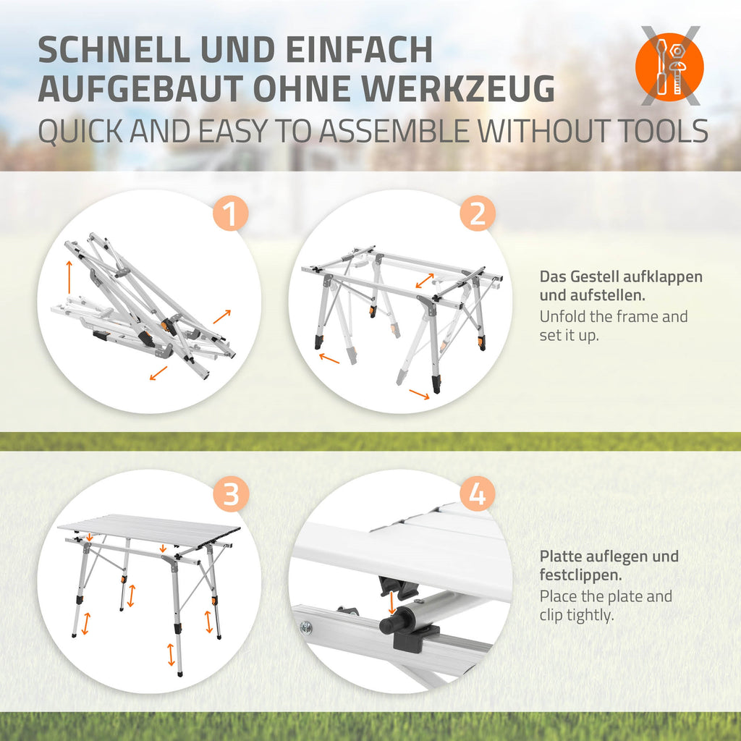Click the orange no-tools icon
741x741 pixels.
[669, 67]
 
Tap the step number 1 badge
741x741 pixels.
[231, 213]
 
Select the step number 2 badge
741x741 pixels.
[478, 213]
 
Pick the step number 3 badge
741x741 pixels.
[231, 494]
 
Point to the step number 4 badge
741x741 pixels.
[478, 494]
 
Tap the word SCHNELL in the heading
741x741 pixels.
[114, 49]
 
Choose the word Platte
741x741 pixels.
[562, 556]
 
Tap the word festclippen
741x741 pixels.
[580, 575]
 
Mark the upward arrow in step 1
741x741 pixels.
[69, 277]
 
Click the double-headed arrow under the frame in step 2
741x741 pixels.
[424, 280]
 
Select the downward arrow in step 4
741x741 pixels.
[391, 603]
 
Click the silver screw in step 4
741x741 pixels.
[306, 627]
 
